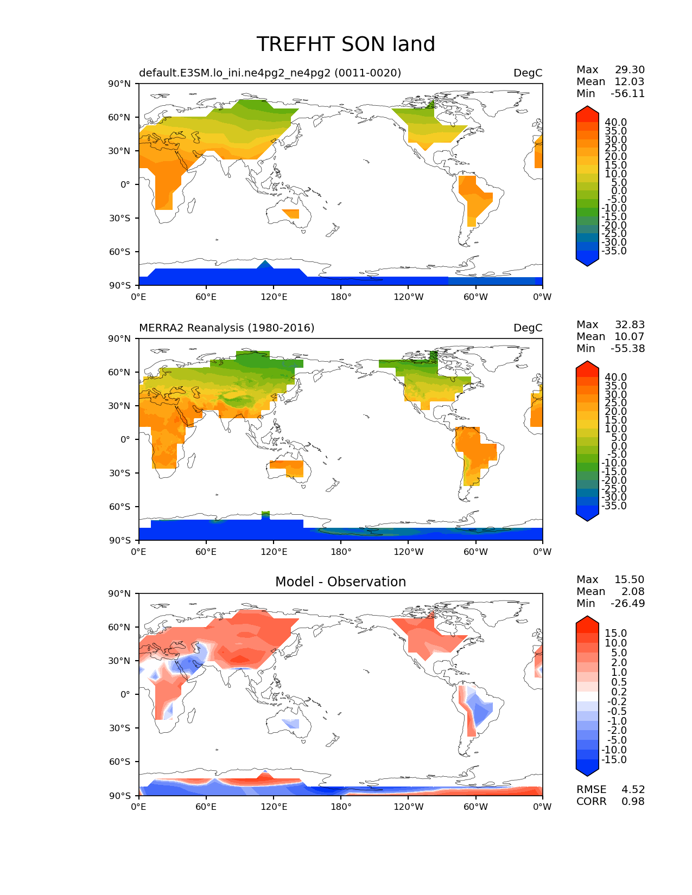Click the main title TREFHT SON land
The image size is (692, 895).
(346, 44)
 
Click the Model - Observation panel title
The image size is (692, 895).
(340, 582)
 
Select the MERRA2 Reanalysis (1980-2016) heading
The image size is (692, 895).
(226, 328)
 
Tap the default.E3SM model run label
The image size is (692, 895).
(270, 73)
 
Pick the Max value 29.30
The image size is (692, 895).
(630, 69)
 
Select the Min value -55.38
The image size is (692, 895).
(627, 348)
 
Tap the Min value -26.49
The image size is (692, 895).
(627, 603)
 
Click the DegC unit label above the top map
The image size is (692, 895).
(528, 73)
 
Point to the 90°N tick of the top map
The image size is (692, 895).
(120, 84)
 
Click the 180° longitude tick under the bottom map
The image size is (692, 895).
(341, 807)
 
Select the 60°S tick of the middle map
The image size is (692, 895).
(120, 507)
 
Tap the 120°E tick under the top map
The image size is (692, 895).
(274, 297)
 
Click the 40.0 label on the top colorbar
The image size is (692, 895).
(615, 122)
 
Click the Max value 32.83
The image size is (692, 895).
(630, 324)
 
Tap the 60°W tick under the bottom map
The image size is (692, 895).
(475, 807)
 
